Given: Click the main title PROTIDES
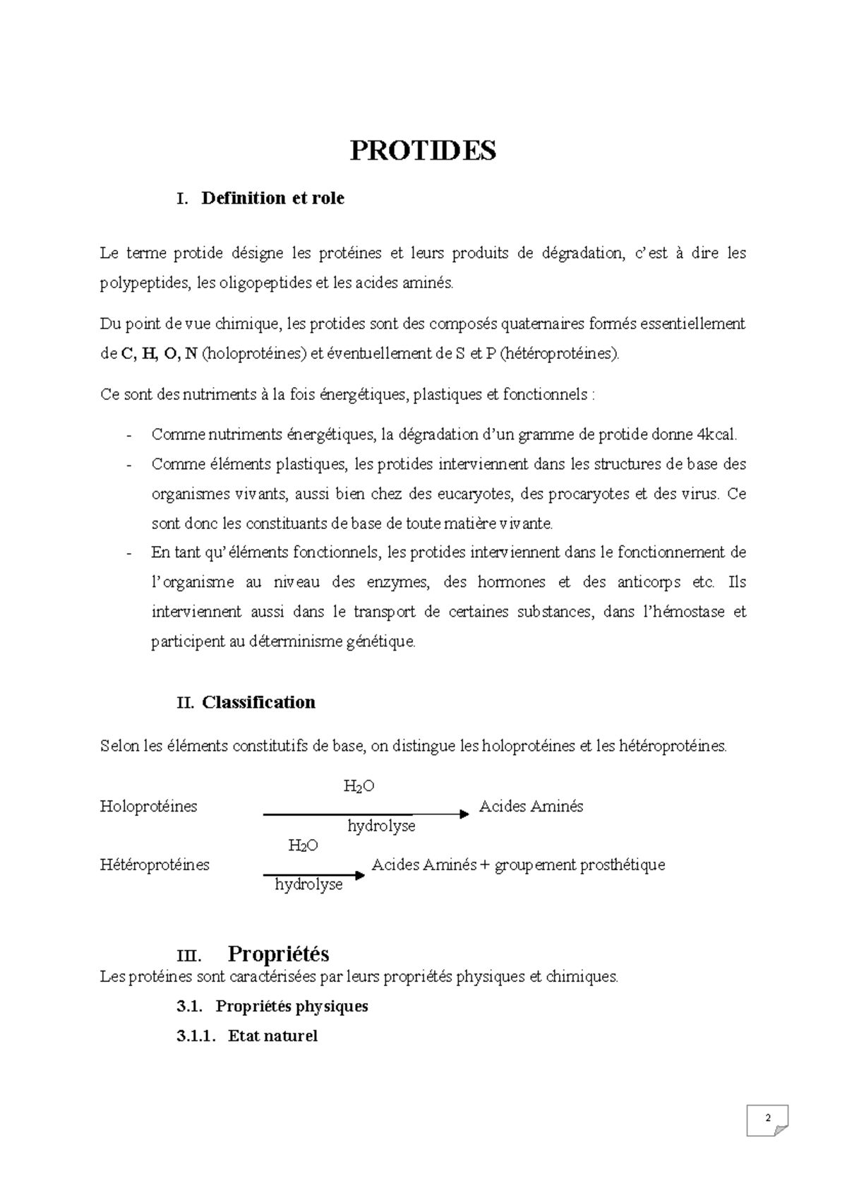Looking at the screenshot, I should pyautogui.click(x=423, y=150).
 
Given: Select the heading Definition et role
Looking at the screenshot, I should pyautogui.click(x=272, y=198).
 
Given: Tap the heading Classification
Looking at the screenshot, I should pyautogui.click(x=258, y=702).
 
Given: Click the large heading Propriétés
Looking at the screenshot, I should pyautogui.click(x=278, y=954).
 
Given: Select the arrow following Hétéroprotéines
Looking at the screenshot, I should pyautogui.click(x=314, y=875).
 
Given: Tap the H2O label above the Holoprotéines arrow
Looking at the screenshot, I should pyautogui.click(x=359, y=786).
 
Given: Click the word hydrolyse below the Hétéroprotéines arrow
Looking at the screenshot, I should pyautogui.click(x=308, y=884).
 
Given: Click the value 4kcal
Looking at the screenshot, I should pyautogui.click(x=716, y=435).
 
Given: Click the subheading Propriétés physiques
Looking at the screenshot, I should pyautogui.click(x=292, y=1006).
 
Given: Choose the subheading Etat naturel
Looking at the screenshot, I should pyautogui.click(x=272, y=1036).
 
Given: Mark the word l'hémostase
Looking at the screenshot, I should pyautogui.click(x=682, y=612).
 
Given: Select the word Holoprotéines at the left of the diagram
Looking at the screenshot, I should pyautogui.click(x=149, y=807).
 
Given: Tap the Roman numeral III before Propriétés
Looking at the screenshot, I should pyautogui.click(x=188, y=956).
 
